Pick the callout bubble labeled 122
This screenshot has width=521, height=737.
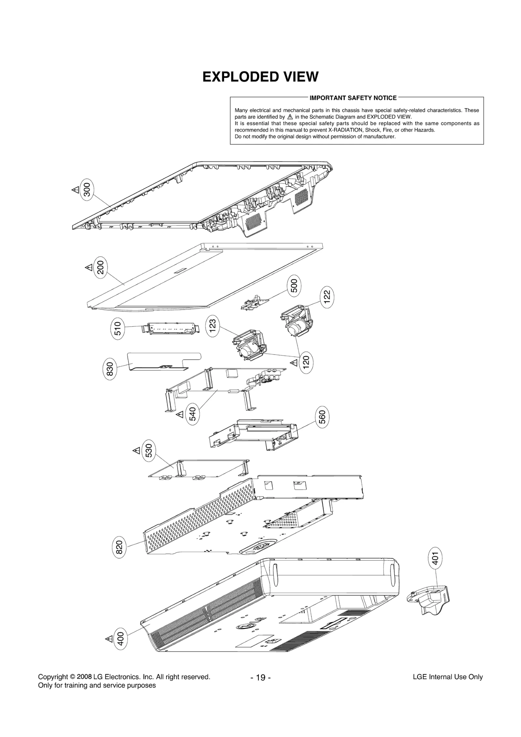point(327,296)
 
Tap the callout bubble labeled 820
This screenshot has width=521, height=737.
point(119,547)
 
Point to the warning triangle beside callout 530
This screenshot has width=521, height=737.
point(136,451)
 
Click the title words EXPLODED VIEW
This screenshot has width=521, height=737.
point(260,77)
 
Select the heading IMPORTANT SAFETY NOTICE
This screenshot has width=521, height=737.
point(353,98)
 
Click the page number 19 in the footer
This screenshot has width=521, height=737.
point(260,678)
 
